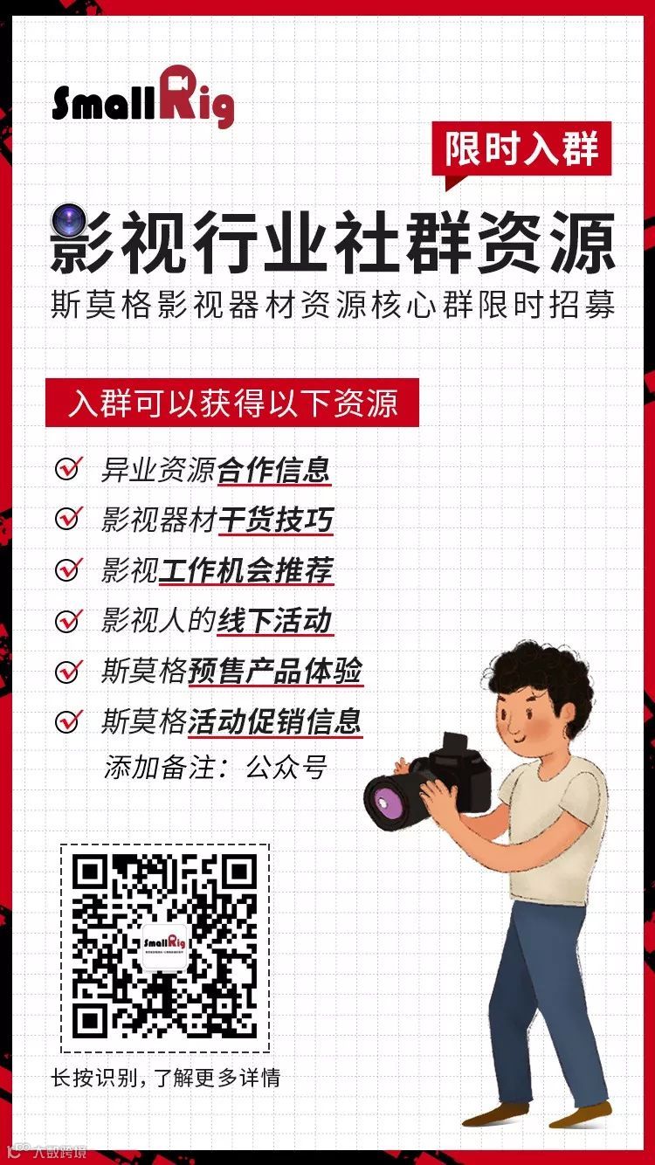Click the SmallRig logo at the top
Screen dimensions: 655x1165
(143, 98)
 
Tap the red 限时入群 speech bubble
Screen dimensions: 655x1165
(521, 151)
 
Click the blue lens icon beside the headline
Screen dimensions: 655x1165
(67, 219)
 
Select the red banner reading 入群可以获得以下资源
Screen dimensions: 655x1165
(232, 403)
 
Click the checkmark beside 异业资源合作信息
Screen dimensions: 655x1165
(69, 468)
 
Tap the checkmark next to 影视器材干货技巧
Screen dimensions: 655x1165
(69, 518)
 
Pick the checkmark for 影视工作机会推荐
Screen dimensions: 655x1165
(69, 569)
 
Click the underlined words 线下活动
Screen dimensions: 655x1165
(275, 620)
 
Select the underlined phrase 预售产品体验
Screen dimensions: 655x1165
(275, 671)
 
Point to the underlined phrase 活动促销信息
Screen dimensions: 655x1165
(275, 721)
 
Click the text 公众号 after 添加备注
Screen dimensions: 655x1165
(286, 767)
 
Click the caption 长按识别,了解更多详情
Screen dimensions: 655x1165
(165, 1077)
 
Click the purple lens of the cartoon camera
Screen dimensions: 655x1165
(386, 804)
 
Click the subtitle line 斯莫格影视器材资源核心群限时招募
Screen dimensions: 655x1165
(333, 304)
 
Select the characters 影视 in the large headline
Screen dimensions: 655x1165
(119, 243)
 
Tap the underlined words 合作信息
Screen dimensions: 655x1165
(274, 470)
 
